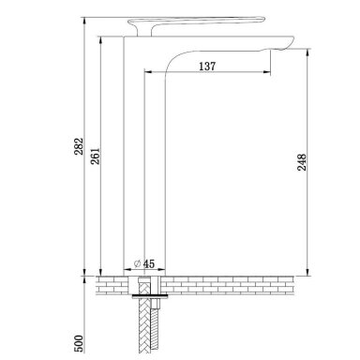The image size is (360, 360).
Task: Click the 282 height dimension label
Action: (x=80, y=146)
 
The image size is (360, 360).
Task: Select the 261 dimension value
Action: (x=96, y=156)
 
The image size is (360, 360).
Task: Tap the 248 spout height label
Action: (x=302, y=162)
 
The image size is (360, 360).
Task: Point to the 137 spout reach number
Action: (x=207, y=67)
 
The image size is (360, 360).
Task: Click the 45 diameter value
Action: (x=149, y=263)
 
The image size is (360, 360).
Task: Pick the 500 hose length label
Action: (x=80, y=343)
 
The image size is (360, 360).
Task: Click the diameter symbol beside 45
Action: (x=137, y=263)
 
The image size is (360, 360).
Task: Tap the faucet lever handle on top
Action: (x=196, y=22)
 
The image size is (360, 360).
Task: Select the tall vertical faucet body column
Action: (x=144, y=157)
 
